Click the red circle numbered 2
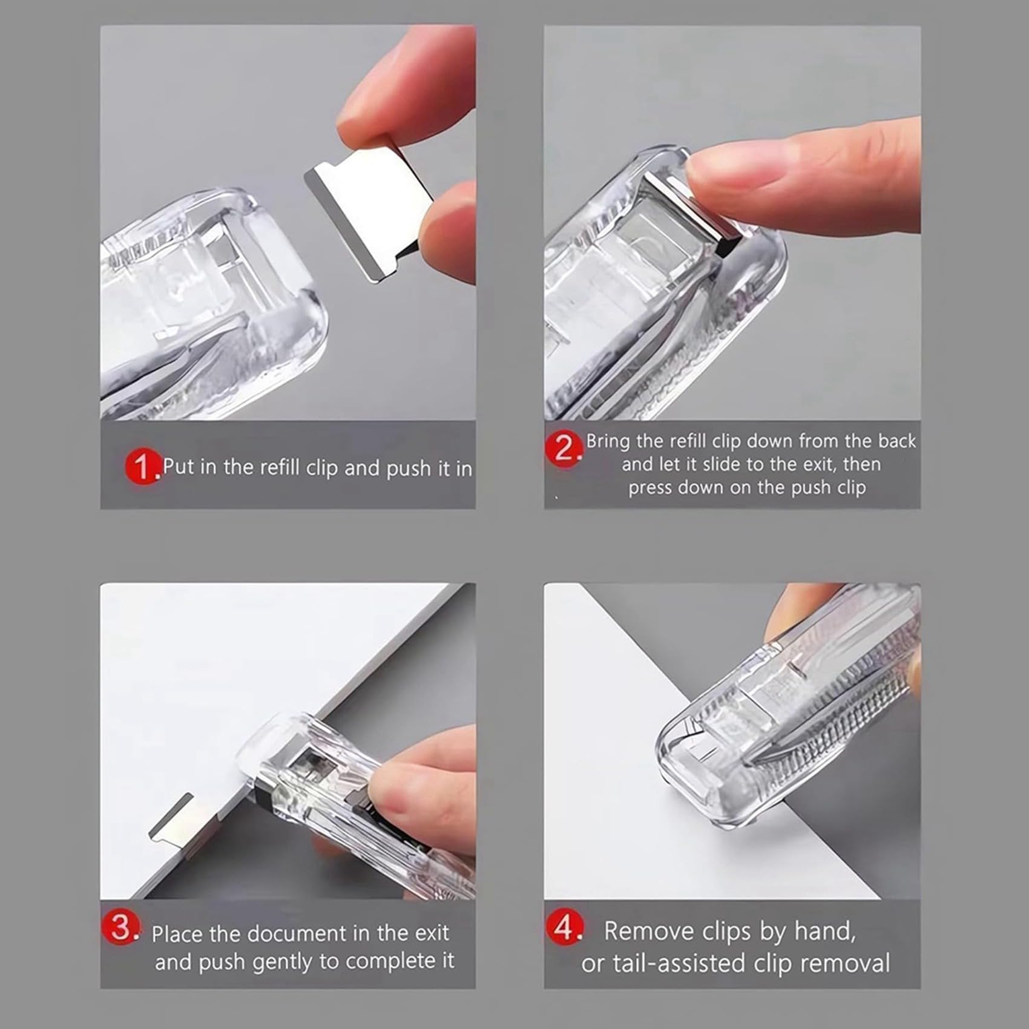563,449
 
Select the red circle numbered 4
565,928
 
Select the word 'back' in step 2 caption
896,441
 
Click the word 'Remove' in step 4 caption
648,932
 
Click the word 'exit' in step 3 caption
432,933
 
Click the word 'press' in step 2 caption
650,488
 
